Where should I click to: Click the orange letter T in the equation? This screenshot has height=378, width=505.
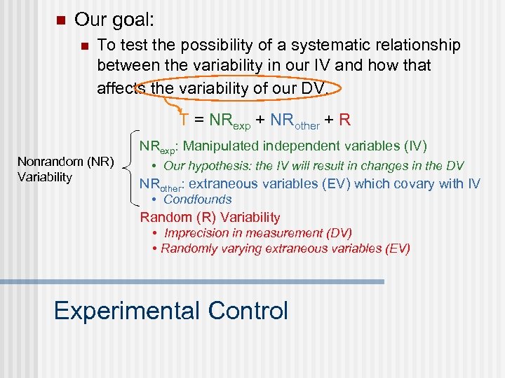[183, 120]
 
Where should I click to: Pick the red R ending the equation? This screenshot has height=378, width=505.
[344, 120]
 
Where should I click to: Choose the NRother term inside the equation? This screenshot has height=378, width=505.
[295, 121]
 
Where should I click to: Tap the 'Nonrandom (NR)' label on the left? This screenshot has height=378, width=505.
[66, 162]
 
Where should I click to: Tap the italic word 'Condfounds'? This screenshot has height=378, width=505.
[197, 199]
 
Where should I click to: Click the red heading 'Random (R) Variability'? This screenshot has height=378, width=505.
[210, 217]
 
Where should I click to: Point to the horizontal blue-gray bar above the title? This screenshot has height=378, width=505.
[192, 281]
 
